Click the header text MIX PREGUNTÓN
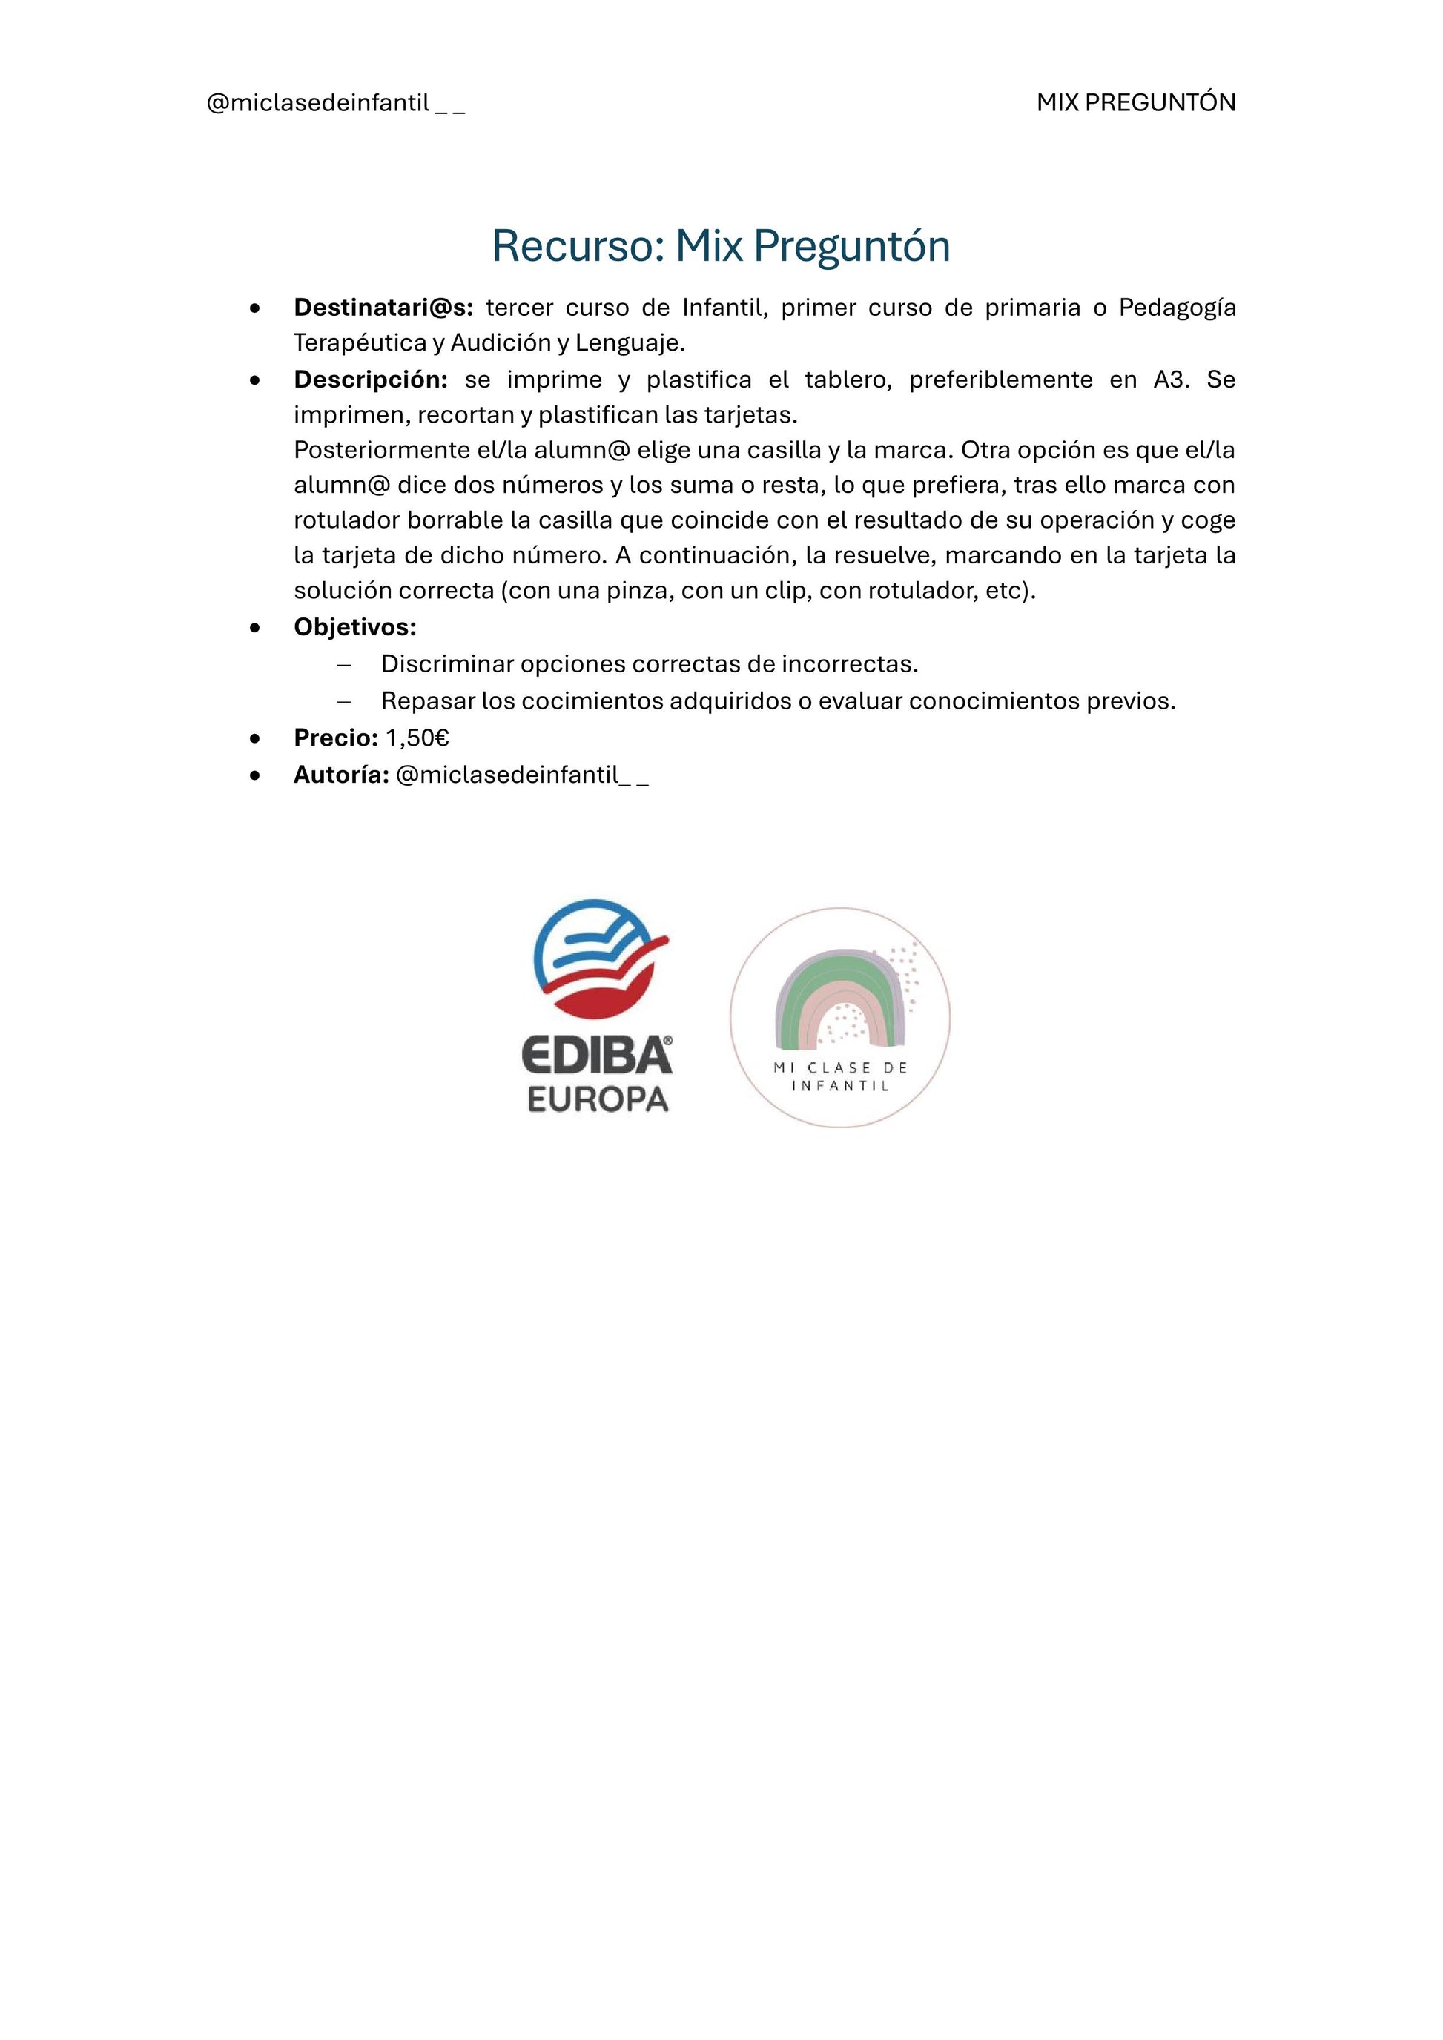1135,103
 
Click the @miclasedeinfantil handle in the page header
335,104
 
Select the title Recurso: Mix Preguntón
721,246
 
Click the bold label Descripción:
371,380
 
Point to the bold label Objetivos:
354,627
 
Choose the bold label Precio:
336,738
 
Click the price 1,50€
417,738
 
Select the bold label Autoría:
341,775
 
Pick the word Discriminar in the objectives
447,663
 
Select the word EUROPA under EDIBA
597,1100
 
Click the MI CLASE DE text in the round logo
839,1068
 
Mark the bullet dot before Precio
256,738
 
